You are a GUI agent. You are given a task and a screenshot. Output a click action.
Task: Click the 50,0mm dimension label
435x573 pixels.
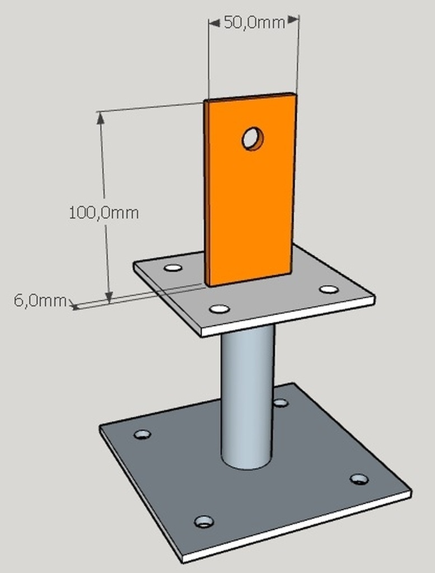254,22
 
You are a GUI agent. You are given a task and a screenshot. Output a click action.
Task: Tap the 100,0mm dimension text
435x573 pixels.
104,213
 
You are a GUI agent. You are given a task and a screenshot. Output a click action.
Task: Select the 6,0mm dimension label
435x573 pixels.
40,300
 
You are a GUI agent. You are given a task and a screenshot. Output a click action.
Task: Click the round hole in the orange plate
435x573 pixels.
252,139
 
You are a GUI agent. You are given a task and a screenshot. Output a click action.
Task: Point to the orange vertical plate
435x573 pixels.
250,189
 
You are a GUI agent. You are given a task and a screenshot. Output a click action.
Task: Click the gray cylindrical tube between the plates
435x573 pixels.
247,397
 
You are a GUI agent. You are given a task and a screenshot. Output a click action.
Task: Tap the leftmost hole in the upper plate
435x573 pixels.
173,268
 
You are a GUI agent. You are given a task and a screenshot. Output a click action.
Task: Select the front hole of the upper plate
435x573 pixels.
219,309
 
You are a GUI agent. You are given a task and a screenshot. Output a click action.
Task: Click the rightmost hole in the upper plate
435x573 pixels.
329,289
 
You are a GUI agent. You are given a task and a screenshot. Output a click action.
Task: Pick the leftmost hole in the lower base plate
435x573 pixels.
142,434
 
